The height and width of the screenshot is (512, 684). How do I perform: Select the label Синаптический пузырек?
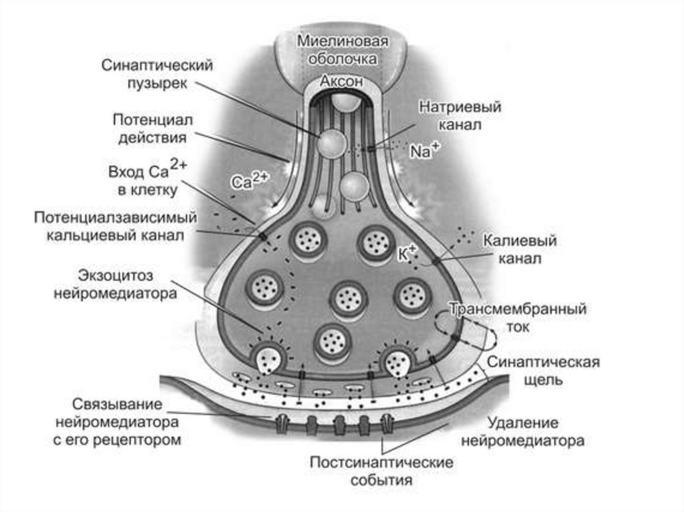point(157,75)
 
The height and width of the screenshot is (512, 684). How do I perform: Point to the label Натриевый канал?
point(460,115)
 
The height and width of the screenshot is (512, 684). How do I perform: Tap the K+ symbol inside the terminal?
point(407,252)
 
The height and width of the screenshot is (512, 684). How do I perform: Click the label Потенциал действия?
point(152,128)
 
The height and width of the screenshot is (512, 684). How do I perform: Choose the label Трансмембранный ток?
point(518,318)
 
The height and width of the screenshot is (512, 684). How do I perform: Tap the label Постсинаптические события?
point(381,471)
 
